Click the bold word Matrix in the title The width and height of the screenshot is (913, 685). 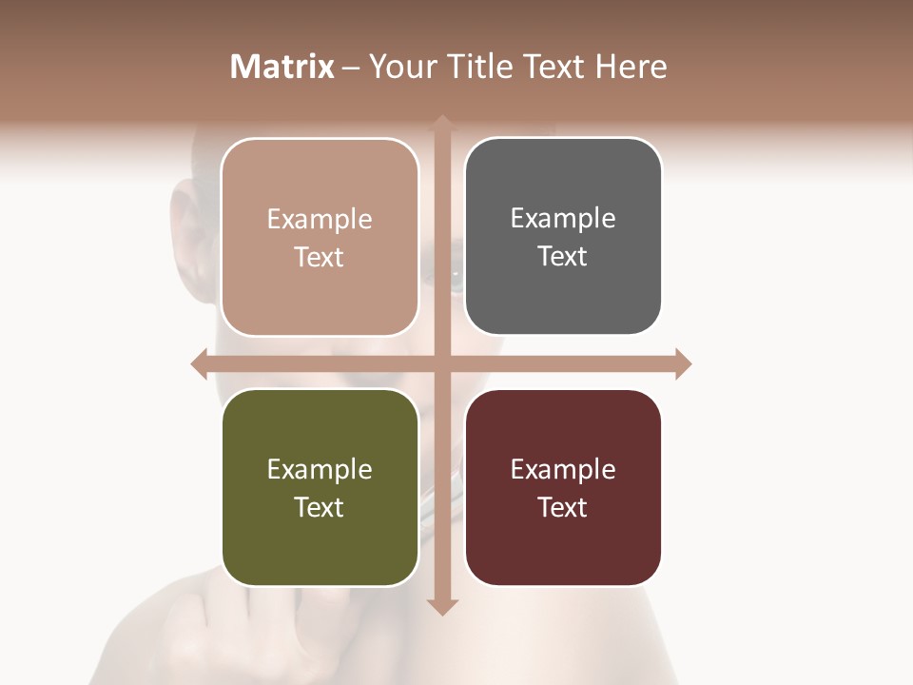[x=282, y=67]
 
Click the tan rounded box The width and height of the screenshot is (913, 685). [x=320, y=237]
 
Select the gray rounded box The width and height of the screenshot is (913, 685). [x=563, y=237]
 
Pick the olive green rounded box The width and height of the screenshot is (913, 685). [x=320, y=487]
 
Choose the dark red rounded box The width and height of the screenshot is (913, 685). [x=563, y=487]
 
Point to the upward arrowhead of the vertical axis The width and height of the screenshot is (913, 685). [x=441, y=124]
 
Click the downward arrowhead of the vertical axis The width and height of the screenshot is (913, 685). [x=441, y=606]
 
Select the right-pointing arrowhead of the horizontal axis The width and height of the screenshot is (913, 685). [x=682, y=363]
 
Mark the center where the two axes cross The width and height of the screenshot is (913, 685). [x=441, y=363]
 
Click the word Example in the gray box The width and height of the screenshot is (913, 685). [x=563, y=218]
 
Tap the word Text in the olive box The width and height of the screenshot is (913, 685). [x=320, y=507]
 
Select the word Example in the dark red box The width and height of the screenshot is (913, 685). [x=563, y=469]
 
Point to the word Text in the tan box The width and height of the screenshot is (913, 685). [x=320, y=257]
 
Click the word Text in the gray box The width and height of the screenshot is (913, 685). [x=563, y=256]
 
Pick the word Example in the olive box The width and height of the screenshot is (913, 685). [x=320, y=469]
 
